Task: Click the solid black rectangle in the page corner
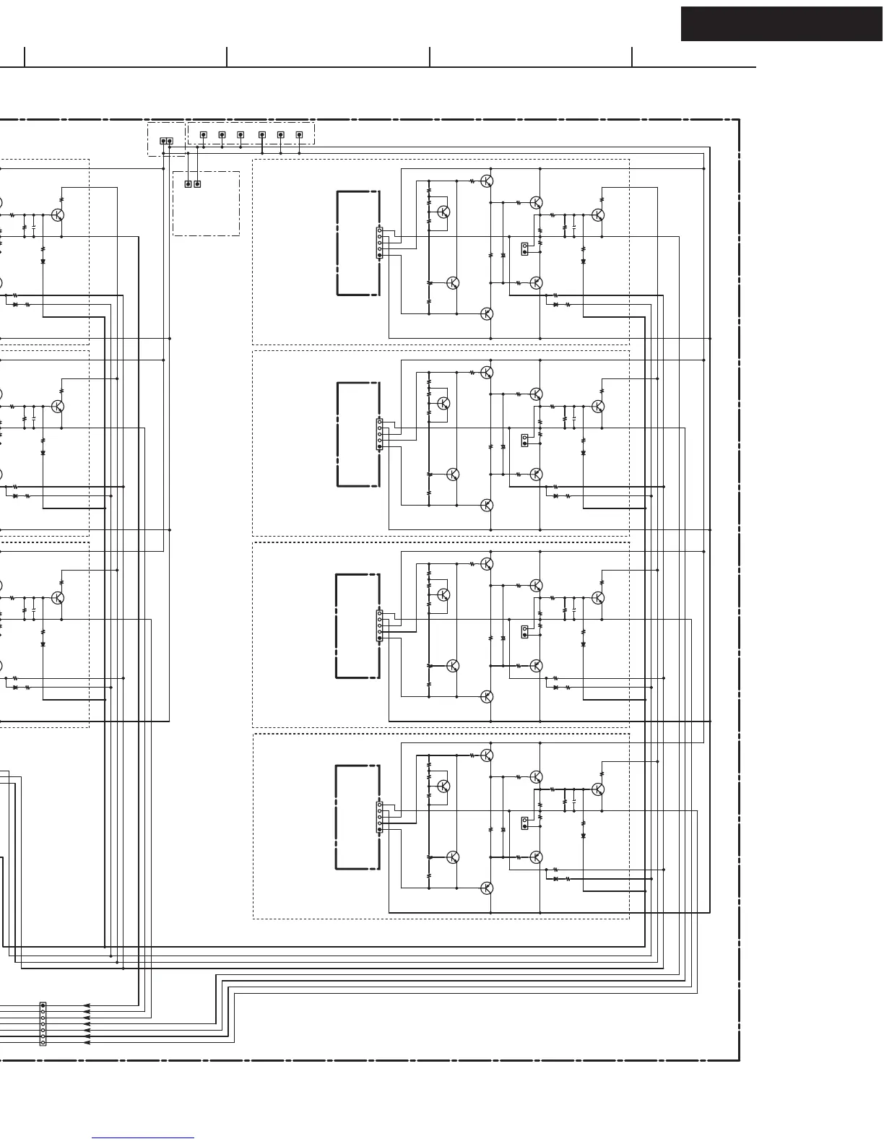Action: (x=781, y=24)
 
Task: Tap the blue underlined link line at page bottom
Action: (x=143, y=1138)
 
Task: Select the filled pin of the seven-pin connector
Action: (x=43, y=1005)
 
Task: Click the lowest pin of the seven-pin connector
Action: (x=43, y=1042)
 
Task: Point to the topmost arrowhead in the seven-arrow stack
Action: (x=87, y=1005)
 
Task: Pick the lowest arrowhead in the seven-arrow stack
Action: (x=87, y=1042)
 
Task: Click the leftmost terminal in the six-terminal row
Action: (x=204, y=134)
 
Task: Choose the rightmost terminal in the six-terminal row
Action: (x=299, y=134)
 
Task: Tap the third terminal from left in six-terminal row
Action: (x=240, y=134)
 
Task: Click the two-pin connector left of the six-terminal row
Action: (x=166, y=141)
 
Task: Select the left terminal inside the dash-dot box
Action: (x=188, y=184)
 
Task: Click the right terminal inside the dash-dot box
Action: (x=197, y=184)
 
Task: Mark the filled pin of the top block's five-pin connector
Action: (x=380, y=256)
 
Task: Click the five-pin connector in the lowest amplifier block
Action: (x=380, y=818)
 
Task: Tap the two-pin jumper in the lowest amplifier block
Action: (x=525, y=823)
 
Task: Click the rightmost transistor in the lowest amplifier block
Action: (x=598, y=789)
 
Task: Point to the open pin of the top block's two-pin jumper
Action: (x=525, y=246)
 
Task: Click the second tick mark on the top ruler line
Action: (x=227, y=57)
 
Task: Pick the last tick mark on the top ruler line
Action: (x=632, y=57)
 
